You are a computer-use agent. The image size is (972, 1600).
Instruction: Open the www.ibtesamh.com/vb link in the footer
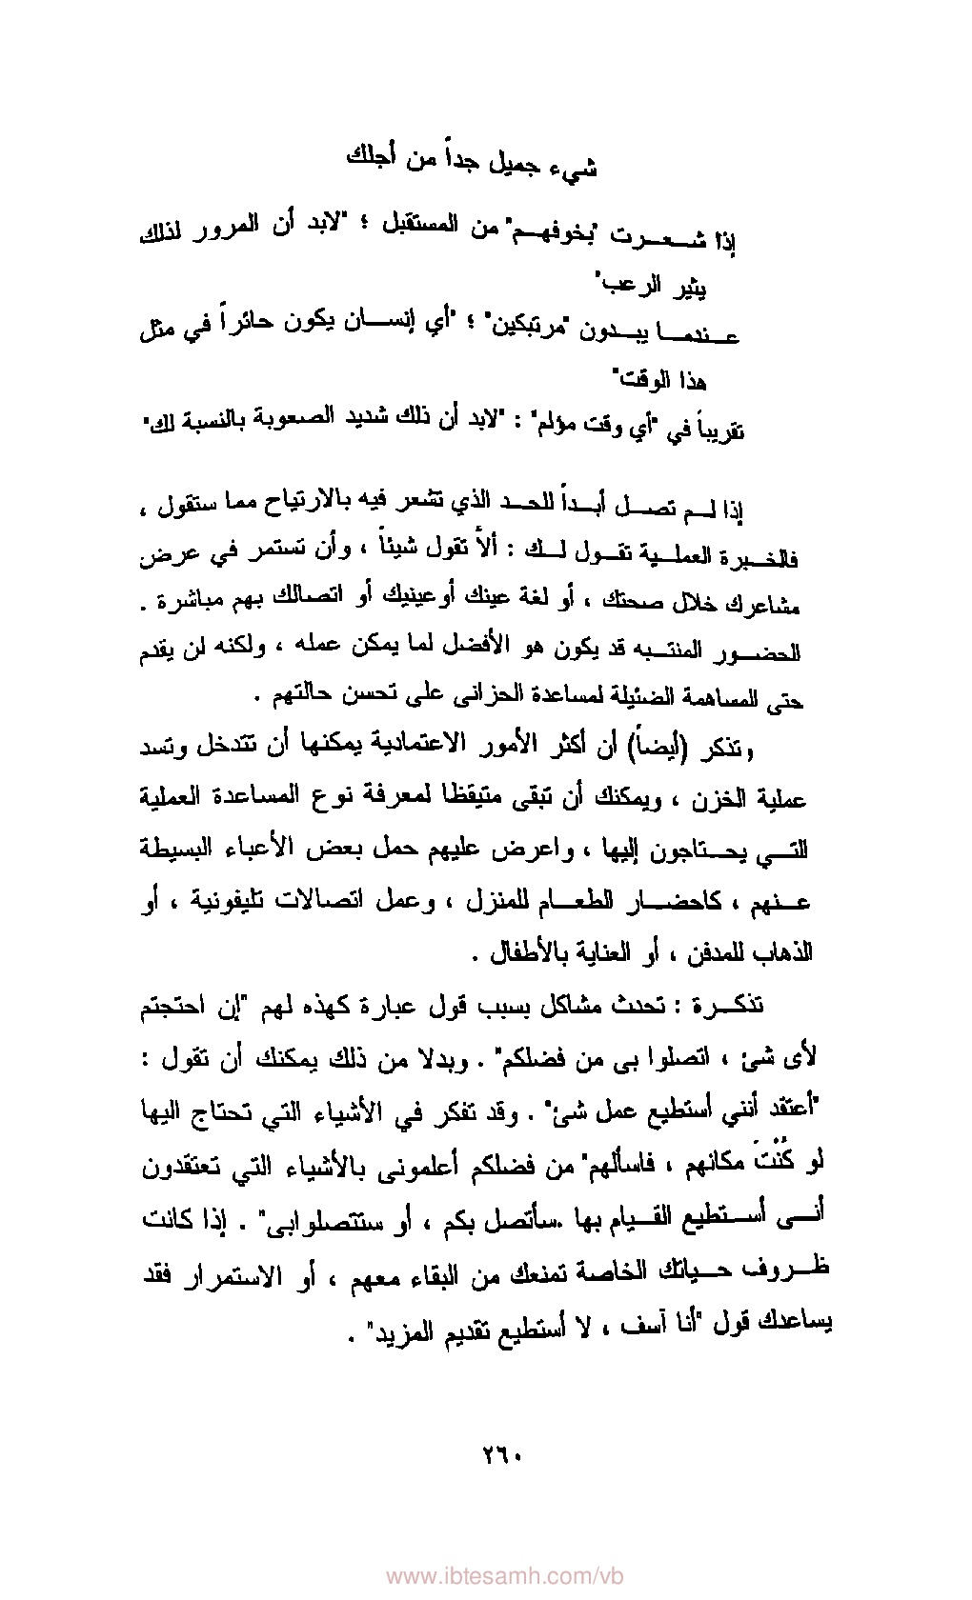[x=504, y=1576]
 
